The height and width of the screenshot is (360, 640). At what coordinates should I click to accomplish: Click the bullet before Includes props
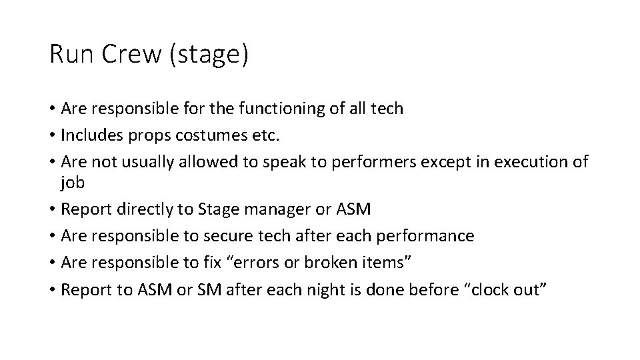coord(52,137)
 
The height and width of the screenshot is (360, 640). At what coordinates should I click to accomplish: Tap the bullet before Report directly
coord(52,210)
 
